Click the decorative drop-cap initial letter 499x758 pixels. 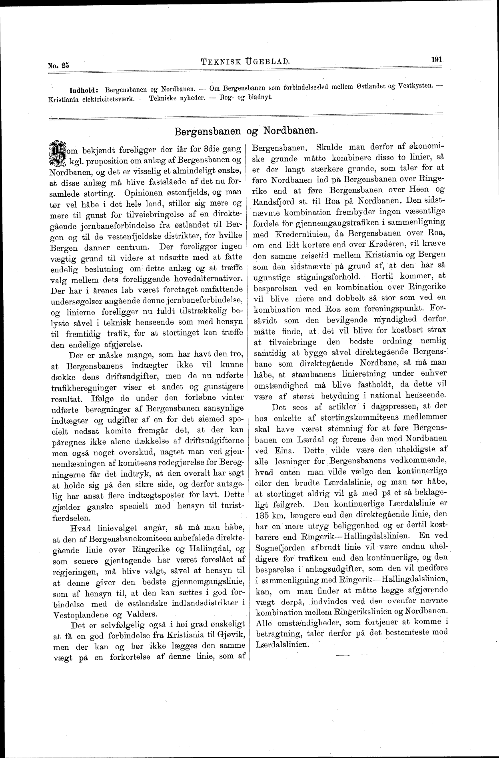pos(57,154)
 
